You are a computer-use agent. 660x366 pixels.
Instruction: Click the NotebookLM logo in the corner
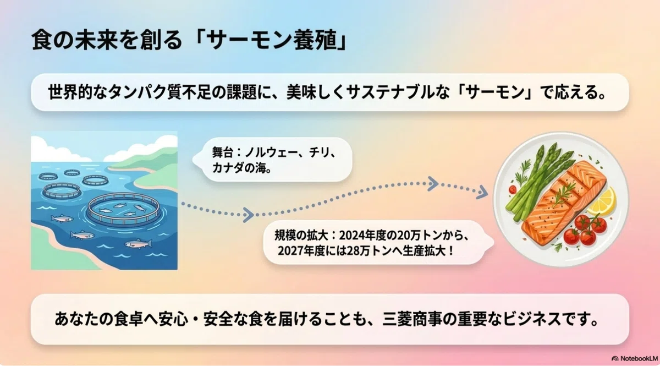pos(635,358)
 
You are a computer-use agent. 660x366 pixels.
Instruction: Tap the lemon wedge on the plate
pos(602,201)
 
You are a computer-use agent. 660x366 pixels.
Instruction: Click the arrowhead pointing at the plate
pos(482,192)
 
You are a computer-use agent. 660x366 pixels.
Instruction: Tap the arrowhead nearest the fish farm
pos(249,215)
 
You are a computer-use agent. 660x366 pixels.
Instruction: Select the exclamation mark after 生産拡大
pos(450,251)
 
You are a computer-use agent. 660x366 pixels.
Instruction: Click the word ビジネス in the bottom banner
pos(532,319)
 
